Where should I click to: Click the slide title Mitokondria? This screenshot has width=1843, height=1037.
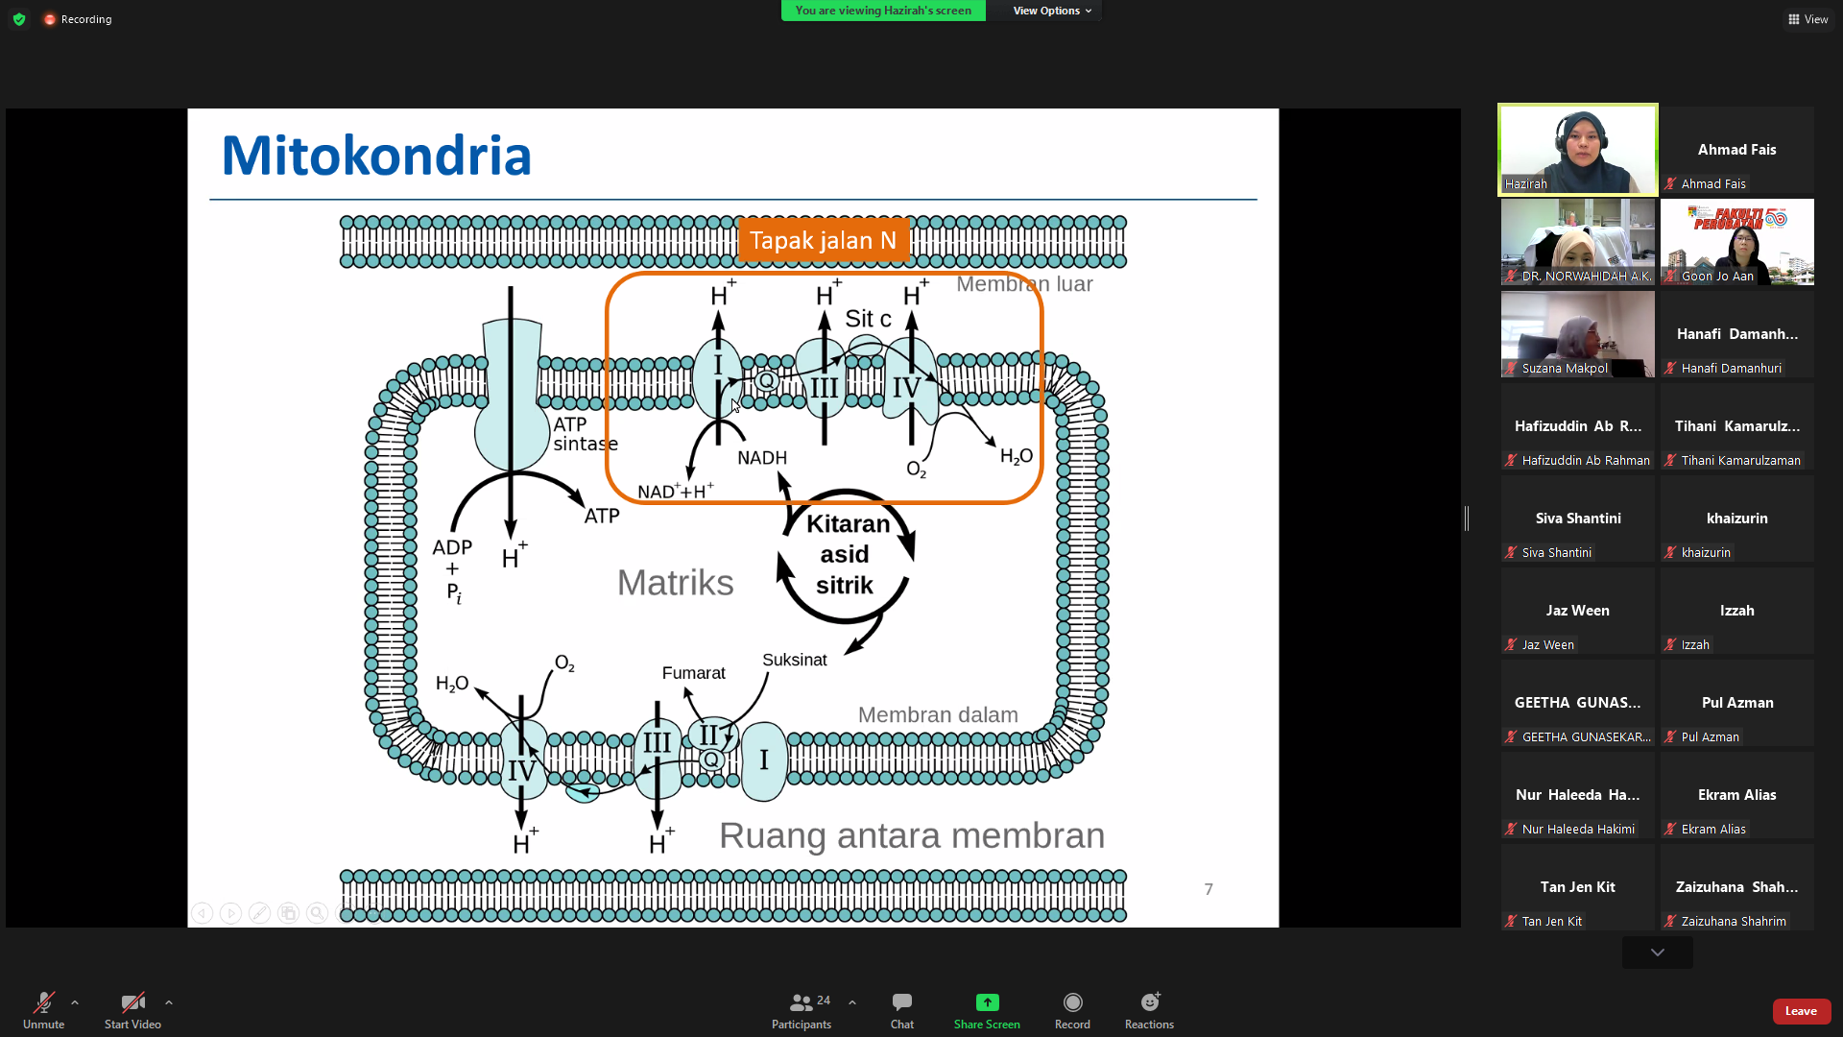tap(376, 156)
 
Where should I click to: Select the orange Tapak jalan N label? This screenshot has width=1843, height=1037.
tap(824, 240)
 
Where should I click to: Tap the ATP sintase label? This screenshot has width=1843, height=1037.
tap(586, 434)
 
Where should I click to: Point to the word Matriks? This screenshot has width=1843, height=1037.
tap(675, 583)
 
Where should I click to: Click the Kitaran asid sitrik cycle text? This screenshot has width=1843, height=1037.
tap(846, 555)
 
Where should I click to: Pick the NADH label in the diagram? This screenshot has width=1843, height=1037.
tap(762, 458)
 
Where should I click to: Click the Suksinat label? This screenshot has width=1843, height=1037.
tap(794, 660)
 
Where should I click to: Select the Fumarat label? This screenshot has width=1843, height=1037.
tap(693, 673)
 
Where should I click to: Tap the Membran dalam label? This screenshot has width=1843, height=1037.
tap(938, 715)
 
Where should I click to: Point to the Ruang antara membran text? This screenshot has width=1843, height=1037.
tap(912, 835)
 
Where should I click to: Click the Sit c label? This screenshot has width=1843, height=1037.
tap(868, 319)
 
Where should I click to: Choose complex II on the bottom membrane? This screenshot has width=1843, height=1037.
tap(709, 736)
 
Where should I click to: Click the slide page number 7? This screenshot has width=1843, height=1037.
tap(1209, 889)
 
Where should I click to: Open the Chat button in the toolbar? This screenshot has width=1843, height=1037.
tap(901, 1011)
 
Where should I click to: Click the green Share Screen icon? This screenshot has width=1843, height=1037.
tap(987, 1002)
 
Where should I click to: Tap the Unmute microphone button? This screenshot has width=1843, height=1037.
tap(44, 1011)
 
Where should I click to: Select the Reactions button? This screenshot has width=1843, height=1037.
tap(1149, 1011)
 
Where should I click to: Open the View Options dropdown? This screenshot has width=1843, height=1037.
tap(1052, 11)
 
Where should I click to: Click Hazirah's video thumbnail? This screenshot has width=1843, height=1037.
tap(1578, 150)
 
